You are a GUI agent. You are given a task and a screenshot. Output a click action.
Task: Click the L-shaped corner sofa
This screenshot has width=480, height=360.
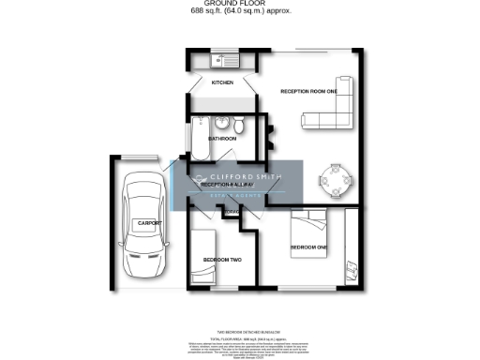point(334,111)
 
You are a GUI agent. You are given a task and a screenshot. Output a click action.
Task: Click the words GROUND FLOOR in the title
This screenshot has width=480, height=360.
point(239,4)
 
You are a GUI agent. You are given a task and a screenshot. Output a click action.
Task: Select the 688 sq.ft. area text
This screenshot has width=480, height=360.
point(210,11)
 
